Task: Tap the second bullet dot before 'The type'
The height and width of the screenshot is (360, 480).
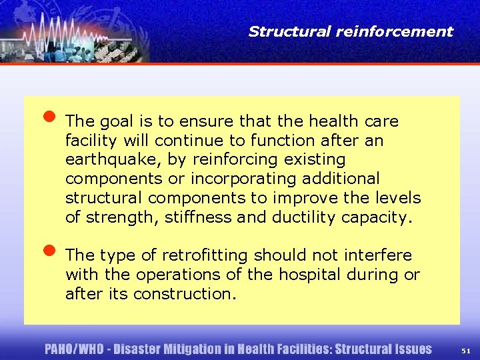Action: (x=49, y=251)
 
